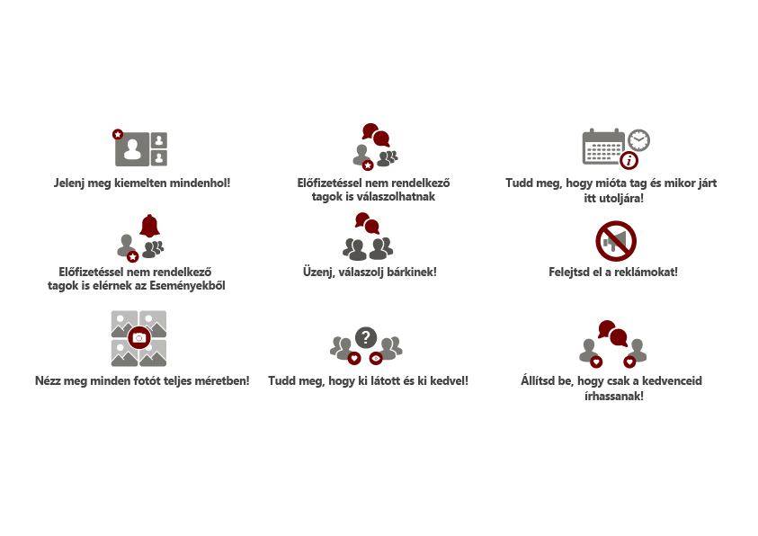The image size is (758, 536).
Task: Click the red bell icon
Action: point(150,226)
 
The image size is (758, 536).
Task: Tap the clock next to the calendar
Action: point(638,140)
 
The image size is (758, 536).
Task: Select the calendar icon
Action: point(603,147)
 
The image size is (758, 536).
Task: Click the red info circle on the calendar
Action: point(629,160)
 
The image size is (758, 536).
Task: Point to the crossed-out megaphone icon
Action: point(616,241)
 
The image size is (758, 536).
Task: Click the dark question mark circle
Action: point(366,337)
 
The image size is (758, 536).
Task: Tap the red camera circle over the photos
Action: point(139,337)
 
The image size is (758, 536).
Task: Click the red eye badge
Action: point(376,358)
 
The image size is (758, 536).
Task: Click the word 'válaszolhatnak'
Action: point(373,197)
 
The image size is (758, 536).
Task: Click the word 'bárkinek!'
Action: point(412,272)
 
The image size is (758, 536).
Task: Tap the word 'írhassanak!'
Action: point(614,397)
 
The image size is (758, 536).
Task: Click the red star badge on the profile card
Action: point(118,134)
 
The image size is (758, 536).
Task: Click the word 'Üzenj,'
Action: point(319,272)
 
